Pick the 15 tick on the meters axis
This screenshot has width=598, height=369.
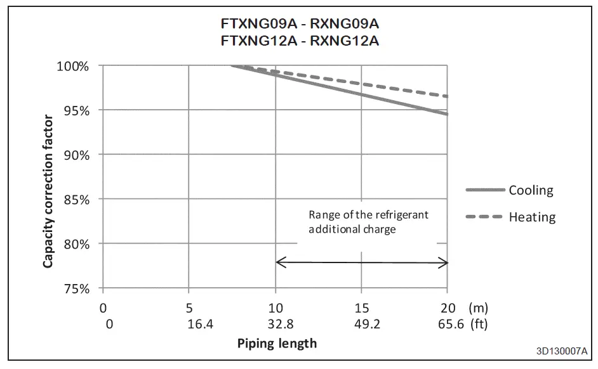[x=361, y=309]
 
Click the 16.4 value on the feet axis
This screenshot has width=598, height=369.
[x=189, y=325]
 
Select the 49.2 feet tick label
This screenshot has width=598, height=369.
[x=361, y=325]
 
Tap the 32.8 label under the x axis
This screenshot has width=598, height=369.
[x=275, y=325]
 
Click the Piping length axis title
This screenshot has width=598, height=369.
[x=277, y=344]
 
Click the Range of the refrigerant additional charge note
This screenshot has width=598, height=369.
[x=368, y=221]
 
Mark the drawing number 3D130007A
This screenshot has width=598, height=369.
[x=561, y=351]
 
